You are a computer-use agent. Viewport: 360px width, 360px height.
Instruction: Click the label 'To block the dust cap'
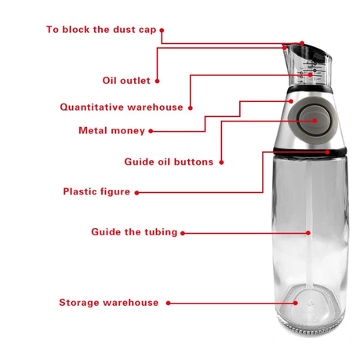(x=101, y=30)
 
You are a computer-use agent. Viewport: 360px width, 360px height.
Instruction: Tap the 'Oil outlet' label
(x=126, y=81)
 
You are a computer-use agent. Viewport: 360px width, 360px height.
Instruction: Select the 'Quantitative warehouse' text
(x=122, y=107)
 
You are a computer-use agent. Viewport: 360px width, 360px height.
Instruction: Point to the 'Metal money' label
(x=111, y=130)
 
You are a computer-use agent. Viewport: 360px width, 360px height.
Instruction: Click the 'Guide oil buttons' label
(x=169, y=162)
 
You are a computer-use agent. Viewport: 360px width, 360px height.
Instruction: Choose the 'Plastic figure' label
(x=96, y=191)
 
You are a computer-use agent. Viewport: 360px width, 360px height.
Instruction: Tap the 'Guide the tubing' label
(x=134, y=232)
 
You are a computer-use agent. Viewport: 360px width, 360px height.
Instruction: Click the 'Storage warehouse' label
(x=109, y=303)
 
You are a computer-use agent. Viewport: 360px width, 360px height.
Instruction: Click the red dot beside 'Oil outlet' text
(x=157, y=81)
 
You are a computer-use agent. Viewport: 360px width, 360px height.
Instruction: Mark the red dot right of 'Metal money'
(x=151, y=131)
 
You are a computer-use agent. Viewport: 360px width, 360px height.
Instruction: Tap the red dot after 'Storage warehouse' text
(x=169, y=304)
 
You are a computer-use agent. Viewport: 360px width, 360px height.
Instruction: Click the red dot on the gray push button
(x=315, y=121)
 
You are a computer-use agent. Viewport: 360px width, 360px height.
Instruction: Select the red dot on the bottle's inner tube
(x=308, y=233)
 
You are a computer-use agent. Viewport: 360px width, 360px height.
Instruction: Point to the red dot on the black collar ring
(x=328, y=152)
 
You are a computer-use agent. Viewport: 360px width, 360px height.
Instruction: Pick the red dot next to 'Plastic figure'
(x=136, y=193)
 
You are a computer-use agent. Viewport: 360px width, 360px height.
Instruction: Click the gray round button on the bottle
(x=307, y=118)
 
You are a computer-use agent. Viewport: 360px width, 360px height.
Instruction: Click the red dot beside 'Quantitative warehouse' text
(x=191, y=107)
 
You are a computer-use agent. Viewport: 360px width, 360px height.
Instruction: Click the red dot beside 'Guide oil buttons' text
(x=221, y=162)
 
